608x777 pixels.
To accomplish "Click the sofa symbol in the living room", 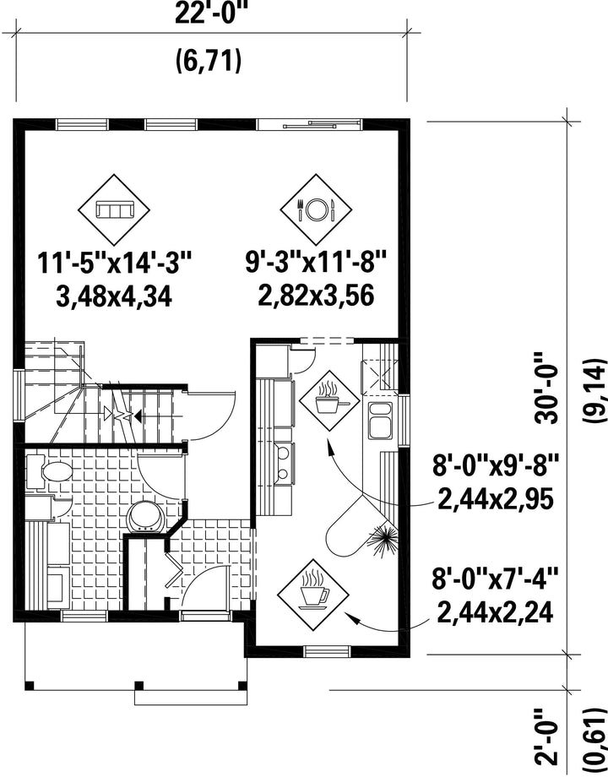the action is click(x=114, y=209).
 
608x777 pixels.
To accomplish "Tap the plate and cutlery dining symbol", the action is click(x=316, y=209).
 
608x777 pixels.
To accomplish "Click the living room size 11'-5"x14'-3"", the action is click(x=115, y=264).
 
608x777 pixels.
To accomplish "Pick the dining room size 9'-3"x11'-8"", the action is click(x=316, y=264).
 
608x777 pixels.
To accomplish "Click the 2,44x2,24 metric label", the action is click(x=495, y=613).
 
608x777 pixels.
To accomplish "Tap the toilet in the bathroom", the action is click(x=50, y=472).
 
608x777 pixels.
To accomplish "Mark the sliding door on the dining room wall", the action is click(x=307, y=124).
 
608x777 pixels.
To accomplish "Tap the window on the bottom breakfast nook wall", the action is click(x=327, y=651).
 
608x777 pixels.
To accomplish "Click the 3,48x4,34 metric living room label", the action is click(x=115, y=298).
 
